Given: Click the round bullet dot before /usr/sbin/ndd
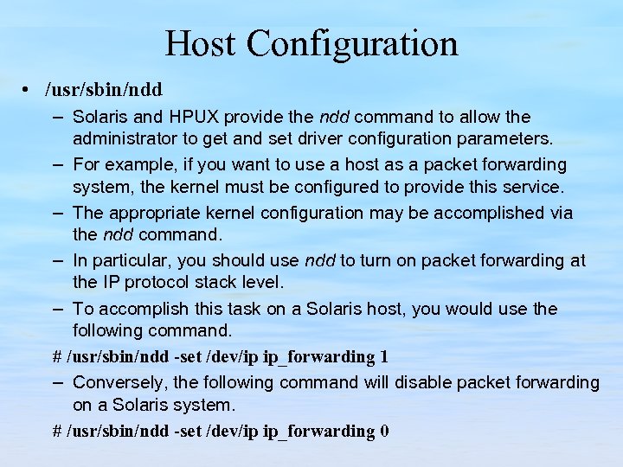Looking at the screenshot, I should [29, 89].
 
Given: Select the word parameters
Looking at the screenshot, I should [510, 138].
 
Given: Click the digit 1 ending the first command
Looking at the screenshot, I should [383, 357].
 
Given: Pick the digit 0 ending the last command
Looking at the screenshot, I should [383, 431].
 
